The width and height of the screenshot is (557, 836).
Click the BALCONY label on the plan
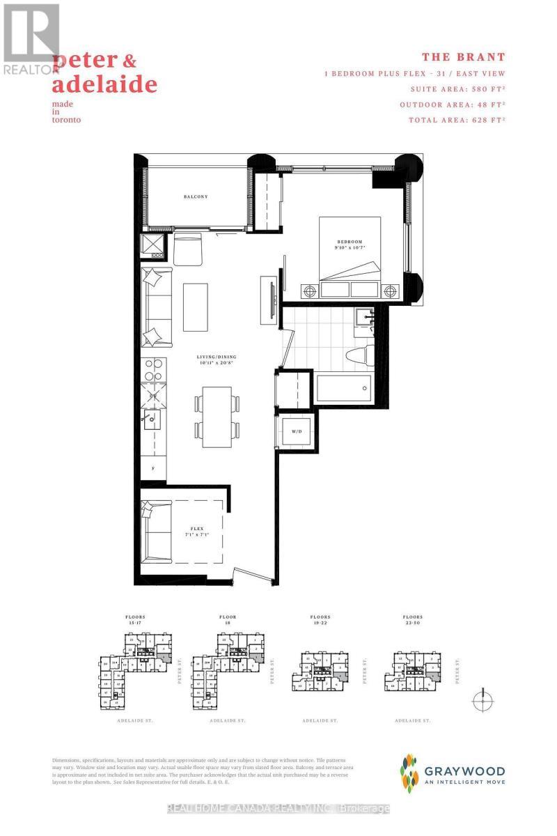click(x=196, y=196)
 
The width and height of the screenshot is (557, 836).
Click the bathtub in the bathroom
click(x=344, y=388)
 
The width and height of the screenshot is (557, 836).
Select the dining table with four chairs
click(x=217, y=417)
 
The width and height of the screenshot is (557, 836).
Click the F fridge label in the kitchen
click(x=152, y=468)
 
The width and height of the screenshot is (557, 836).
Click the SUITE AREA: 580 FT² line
click(x=452, y=88)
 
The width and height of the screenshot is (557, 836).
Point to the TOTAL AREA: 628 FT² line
click(x=452, y=120)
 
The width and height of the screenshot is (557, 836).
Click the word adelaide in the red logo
click(x=104, y=85)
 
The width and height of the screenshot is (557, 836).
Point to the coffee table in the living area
click(x=196, y=307)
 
